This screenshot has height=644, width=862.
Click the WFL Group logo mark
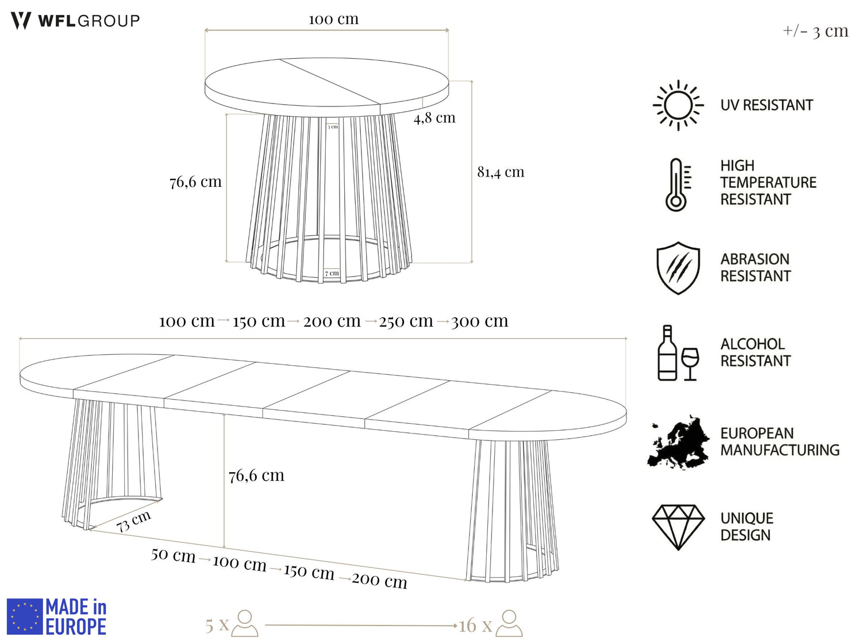point(21,21)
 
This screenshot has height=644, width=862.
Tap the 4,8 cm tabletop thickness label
point(434,117)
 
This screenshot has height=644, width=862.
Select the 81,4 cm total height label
point(501,172)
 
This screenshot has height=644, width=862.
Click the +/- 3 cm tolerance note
point(815,30)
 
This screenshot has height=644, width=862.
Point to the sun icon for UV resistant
point(678,105)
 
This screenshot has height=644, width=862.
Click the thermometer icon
point(678,185)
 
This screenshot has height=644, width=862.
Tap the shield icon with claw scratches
point(678,268)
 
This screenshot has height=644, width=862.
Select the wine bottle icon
point(667,352)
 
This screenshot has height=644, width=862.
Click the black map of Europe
point(678,442)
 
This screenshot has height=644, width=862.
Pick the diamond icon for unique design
point(678,527)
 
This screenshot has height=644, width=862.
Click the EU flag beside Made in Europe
point(25,616)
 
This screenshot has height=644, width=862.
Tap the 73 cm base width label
point(134,521)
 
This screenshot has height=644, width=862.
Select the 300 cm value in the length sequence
point(479,321)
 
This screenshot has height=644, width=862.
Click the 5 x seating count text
point(217,624)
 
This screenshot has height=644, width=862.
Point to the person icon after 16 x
point(509,623)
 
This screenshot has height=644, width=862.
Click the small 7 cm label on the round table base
point(332,273)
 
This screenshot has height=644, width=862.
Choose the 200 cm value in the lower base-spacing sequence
point(379,580)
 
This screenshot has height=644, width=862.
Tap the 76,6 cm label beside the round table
point(195,182)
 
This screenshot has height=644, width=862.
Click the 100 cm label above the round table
point(333,19)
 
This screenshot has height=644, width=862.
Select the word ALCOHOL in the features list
point(752,344)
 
